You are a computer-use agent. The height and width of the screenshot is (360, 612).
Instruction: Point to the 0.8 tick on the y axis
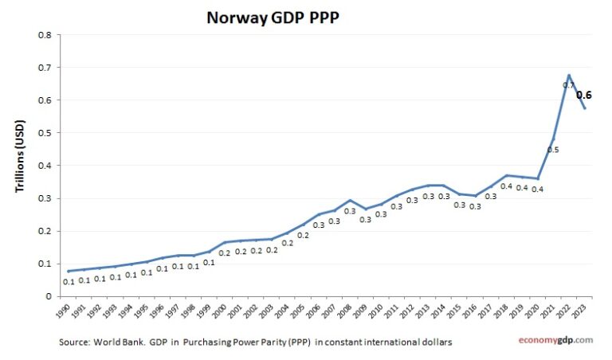(x=45, y=35)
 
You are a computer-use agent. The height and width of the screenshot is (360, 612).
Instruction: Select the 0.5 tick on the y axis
(x=45, y=133)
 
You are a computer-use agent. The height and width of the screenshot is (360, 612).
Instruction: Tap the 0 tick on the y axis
(x=49, y=296)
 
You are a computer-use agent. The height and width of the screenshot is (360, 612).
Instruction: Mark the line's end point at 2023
(x=585, y=108)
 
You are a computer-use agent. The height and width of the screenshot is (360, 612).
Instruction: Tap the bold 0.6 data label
(x=583, y=95)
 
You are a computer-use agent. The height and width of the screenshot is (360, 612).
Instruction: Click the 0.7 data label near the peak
(x=568, y=84)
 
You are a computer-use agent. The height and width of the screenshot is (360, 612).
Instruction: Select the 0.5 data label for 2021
(x=552, y=150)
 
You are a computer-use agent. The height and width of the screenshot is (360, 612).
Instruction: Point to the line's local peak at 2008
(x=350, y=200)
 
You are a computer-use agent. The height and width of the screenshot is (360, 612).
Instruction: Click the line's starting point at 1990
(x=69, y=271)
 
